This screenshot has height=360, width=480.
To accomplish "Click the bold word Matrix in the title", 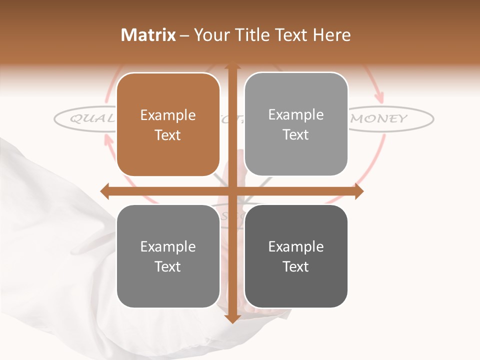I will coord(148,35).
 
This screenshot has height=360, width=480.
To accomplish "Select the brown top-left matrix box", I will coord(168,124).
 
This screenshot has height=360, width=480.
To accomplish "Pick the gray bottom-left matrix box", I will coord(168,256).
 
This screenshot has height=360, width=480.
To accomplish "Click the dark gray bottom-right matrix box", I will coord(296,256).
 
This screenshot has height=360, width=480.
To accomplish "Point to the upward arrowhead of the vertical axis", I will coord(232,65).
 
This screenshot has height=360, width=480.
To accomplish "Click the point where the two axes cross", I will coord(232,191).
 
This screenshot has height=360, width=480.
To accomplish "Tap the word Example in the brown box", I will coord(168,115).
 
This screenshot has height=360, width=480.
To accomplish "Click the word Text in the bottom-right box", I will coord(296,266).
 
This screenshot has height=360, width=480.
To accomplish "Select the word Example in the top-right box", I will coord(296,115).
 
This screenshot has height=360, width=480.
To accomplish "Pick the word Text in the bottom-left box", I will coord(168,266).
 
